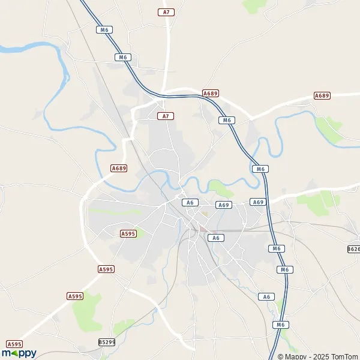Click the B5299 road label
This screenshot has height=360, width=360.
click(106, 342)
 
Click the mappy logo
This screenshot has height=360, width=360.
click(19, 353)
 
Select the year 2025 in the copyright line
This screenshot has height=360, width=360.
click(314, 356)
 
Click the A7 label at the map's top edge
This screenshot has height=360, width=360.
click(166, 12)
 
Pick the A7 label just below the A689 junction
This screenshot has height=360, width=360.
click(166, 116)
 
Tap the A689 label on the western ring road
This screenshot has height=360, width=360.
click(119, 169)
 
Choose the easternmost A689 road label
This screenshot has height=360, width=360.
click(322, 95)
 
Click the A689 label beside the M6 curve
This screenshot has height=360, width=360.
click(211, 94)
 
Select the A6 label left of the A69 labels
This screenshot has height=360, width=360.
click(190, 203)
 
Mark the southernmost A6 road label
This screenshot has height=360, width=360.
click(266, 296)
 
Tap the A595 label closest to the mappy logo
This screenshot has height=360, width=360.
click(14, 344)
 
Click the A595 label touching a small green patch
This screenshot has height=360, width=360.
click(128, 233)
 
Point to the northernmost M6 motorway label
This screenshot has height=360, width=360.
click(105, 29)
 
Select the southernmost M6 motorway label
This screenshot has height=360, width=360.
click(279, 325)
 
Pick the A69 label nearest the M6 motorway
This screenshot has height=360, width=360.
click(257, 202)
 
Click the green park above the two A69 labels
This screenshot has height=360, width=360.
click(222, 191)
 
